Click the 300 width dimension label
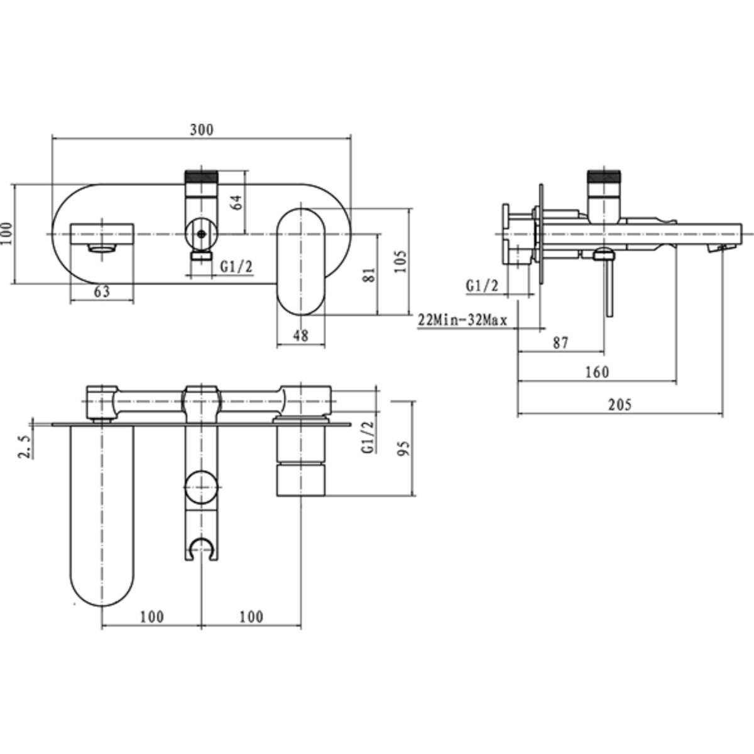pos(202,130)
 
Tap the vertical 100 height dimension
pos(7,234)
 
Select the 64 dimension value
pos(236,202)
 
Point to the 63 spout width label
pos(102,292)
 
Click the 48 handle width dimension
pos(301,336)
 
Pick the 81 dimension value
pos(369,274)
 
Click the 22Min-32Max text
pos(462,320)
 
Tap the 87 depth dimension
pos(560,342)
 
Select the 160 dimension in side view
pos(596,372)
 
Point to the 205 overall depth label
pos(620,405)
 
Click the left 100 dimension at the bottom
pos(151,616)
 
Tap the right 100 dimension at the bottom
pos(251,616)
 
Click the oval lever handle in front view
pos(302,261)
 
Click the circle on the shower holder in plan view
pos(201,488)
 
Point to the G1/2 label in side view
pos(482,286)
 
